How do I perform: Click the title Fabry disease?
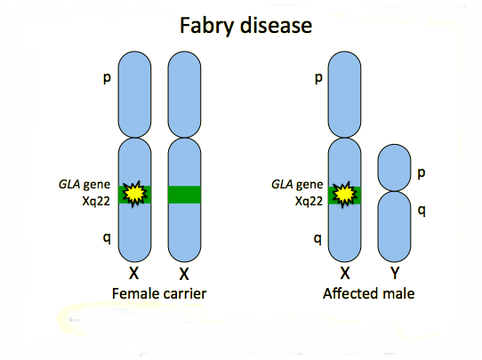246,26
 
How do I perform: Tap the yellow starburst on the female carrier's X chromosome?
134,194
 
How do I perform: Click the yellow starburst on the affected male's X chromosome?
344,195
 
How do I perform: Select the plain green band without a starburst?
184,195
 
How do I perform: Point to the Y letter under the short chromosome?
395,273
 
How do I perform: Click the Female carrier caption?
159,293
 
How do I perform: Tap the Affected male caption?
368,293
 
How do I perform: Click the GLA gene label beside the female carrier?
84,184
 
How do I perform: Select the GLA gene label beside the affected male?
297,184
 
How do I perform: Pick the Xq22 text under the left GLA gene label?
96,201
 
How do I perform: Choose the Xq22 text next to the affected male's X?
309,201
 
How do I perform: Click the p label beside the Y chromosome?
422,173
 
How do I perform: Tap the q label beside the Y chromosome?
422,211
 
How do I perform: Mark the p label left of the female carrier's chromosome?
107,78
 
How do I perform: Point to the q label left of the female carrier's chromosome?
107,237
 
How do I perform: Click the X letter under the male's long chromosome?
345,273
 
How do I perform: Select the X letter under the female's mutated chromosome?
133,273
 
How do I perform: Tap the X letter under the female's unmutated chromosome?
184,274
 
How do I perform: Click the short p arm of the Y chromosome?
394,167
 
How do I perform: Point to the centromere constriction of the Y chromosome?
394,191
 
